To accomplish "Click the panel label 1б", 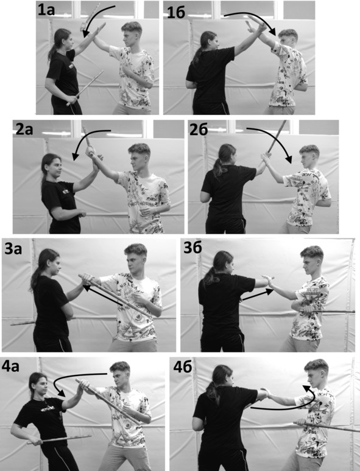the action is coord(176,12).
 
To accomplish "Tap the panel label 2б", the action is coord(199,129).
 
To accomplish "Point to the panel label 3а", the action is coord(13,248).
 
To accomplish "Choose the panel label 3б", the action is coord(192,246).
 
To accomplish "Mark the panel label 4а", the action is coord(11,366).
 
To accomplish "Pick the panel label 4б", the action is coord(183,367).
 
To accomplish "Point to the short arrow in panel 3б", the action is coord(258,295).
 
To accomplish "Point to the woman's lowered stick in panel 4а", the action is coord(58,439).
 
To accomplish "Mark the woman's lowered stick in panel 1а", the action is coord(85,88).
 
